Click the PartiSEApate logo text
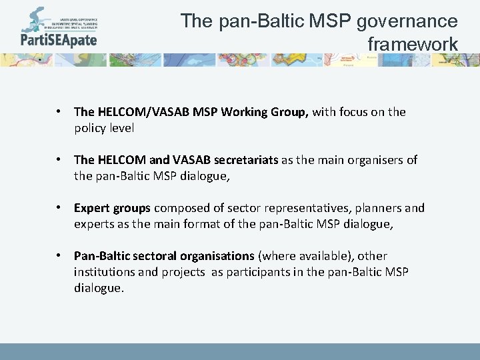click(x=58, y=39)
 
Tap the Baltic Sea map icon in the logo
click(x=33, y=20)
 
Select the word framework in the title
click(x=413, y=44)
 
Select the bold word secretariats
click(x=247, y=160)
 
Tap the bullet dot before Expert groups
click(x=60, y=208)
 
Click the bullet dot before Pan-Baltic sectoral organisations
click(x=60, y=256)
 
